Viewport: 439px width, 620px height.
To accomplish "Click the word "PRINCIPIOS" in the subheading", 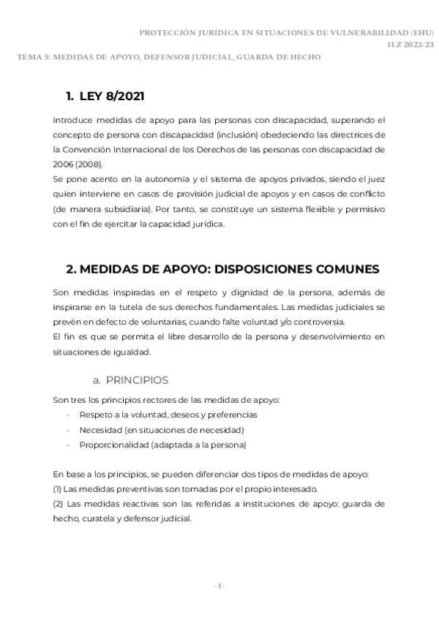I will point(137,380).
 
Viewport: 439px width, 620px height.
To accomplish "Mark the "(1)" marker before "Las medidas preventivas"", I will point(58,489).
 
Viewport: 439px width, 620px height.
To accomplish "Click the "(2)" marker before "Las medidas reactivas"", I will point(58,504).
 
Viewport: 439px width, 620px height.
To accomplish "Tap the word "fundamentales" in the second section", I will point(236,307).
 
